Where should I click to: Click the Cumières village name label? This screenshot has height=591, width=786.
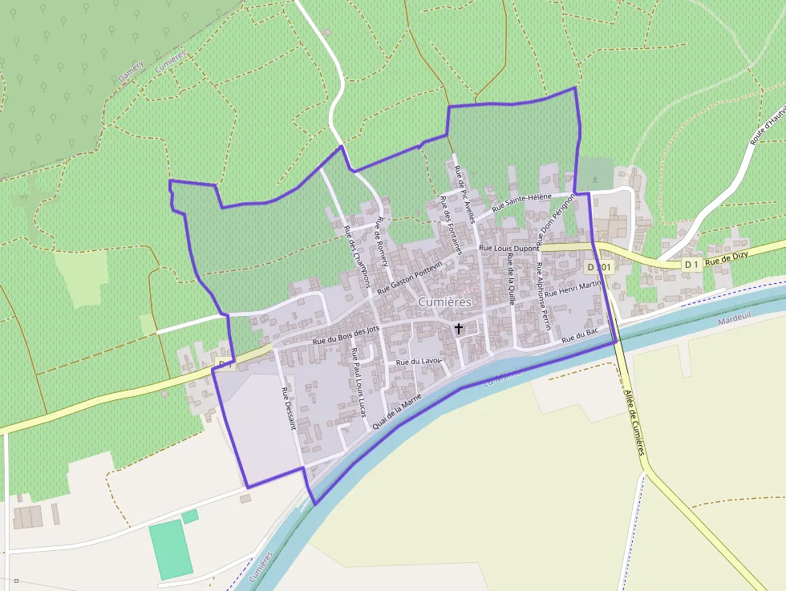click(x=444, y=302)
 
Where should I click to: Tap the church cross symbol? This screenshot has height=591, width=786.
click(x=459, y=328)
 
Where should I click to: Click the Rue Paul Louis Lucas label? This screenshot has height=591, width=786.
click(x=358, y=383)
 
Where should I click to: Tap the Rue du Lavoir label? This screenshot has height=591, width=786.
click(x=419, y=362)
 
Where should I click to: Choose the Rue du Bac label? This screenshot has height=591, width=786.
click(x=581, y=336)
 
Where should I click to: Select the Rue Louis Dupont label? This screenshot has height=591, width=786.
click(x=509, y=249)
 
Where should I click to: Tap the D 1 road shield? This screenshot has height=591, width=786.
click(x=691, y=264)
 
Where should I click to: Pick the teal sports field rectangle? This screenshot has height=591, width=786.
click(x=171, y=549)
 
